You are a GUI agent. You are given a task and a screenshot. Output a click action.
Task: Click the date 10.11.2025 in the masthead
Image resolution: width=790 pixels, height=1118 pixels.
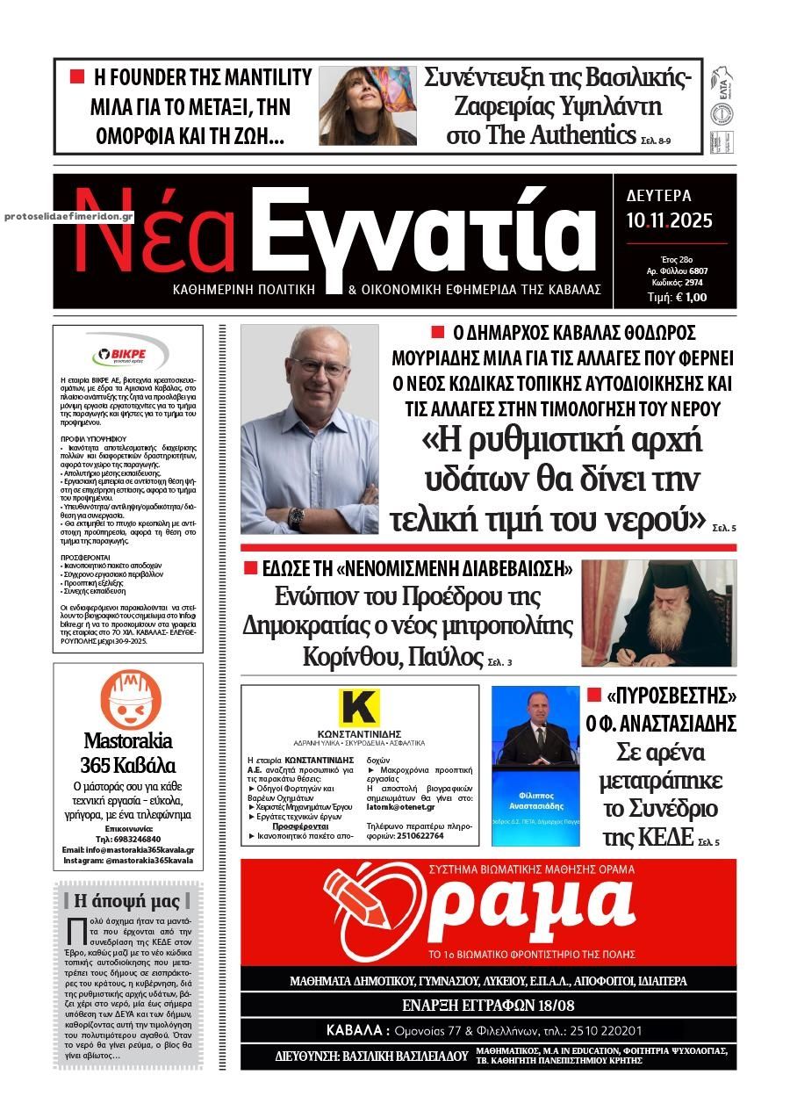[670, 220]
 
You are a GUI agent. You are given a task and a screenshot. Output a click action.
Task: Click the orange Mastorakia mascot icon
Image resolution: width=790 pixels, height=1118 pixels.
[129, 697]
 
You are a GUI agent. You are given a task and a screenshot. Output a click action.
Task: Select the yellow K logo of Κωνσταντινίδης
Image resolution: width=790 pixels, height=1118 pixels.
[358, 707]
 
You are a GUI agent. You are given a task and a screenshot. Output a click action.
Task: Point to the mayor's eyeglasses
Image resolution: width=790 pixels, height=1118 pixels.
[320, 366]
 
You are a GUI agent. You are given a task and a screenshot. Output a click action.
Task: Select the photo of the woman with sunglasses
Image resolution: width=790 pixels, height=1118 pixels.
[368, 105]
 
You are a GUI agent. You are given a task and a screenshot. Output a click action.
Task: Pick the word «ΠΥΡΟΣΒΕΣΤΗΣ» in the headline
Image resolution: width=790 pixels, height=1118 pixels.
[671, 696]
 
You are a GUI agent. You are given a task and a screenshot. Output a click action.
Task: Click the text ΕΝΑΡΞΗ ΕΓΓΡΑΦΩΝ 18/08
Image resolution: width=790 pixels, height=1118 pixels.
[488, 1005]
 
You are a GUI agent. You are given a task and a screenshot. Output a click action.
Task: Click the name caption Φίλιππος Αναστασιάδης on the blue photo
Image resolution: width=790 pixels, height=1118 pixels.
[535, 799]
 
